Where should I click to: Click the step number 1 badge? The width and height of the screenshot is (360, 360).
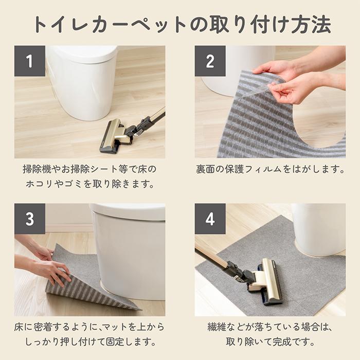click(29, 61)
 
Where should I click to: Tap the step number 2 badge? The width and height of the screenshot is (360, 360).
click(210, 61)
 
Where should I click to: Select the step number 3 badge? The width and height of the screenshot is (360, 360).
click(29, 219)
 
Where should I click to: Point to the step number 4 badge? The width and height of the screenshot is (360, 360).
click(210, 219)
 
